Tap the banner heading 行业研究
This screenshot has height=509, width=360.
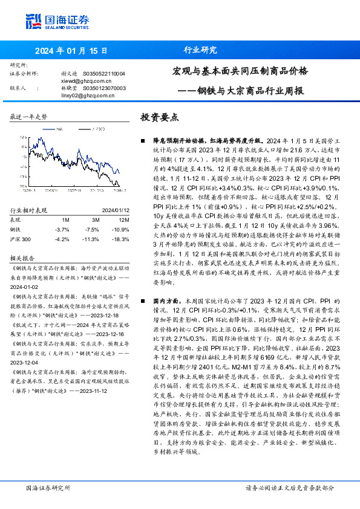(200, 50)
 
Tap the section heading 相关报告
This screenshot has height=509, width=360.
(23, 256)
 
